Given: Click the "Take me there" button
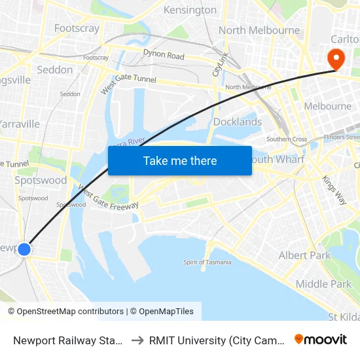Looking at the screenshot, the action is click(x=180, y=160).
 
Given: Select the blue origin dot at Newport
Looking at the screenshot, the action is click(x=24, y=249).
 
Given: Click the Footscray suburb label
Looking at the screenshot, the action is click(x=77, y=28).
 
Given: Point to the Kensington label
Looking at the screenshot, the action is click(x=190, y=10).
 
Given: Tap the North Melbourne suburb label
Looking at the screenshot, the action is click(x=259, y=30).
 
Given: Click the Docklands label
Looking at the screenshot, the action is click(x=238, y=122).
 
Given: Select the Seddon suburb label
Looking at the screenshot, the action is click(x=55, y=69).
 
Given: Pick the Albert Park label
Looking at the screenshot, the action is click(x=305, y=255).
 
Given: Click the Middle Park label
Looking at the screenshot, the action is click(x=323, y=283).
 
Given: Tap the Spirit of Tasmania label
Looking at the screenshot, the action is click(x=207, y=262).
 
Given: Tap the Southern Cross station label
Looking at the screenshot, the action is click(x=287, y=139).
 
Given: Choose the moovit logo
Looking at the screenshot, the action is click(x=321, y=339).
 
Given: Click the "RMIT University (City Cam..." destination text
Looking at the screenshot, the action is click(x=216, y=340).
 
